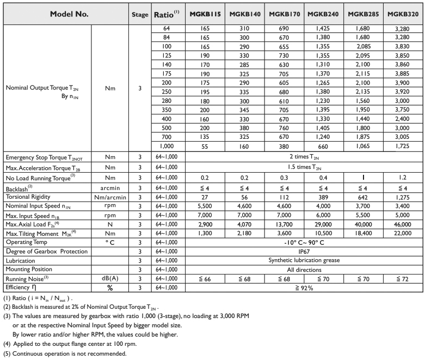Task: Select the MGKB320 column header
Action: pos(403,14)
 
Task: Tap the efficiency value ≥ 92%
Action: pos(304,288)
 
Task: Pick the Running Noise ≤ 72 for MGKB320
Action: pos(403,279)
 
